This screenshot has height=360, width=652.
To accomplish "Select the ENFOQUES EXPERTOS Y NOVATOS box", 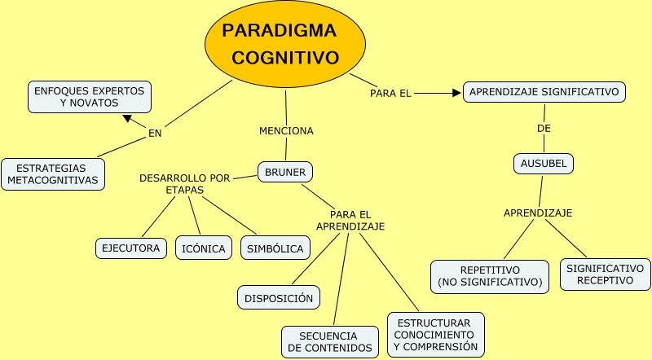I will point(89,97).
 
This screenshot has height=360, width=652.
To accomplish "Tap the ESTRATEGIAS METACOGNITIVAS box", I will point(53,173).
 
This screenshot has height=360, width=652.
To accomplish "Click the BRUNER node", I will point(285,172).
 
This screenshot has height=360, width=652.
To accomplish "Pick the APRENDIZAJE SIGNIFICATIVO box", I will point(544,92).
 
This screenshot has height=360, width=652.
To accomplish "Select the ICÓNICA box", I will point(203,248).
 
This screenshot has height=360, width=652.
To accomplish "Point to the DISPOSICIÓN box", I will point(279,298).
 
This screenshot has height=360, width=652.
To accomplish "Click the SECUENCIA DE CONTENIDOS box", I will point(330,341).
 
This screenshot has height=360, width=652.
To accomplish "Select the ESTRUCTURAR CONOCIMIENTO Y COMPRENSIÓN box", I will point(435,334).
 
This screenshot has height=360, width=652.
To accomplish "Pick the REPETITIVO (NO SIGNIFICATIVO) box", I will point(490,275).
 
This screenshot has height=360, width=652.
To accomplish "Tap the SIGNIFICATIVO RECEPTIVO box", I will point(605,274).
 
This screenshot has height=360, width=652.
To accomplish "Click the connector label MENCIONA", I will point(286,130).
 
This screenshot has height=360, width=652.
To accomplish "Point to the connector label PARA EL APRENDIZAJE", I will point(350,220).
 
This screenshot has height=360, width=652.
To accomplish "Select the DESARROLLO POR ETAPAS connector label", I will point(184,183).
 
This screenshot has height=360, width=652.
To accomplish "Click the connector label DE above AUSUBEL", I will point(544,129).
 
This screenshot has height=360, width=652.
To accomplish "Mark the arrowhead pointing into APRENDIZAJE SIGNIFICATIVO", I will point(456,93).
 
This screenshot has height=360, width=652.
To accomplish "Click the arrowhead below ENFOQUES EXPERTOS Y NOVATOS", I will point(127,118).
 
